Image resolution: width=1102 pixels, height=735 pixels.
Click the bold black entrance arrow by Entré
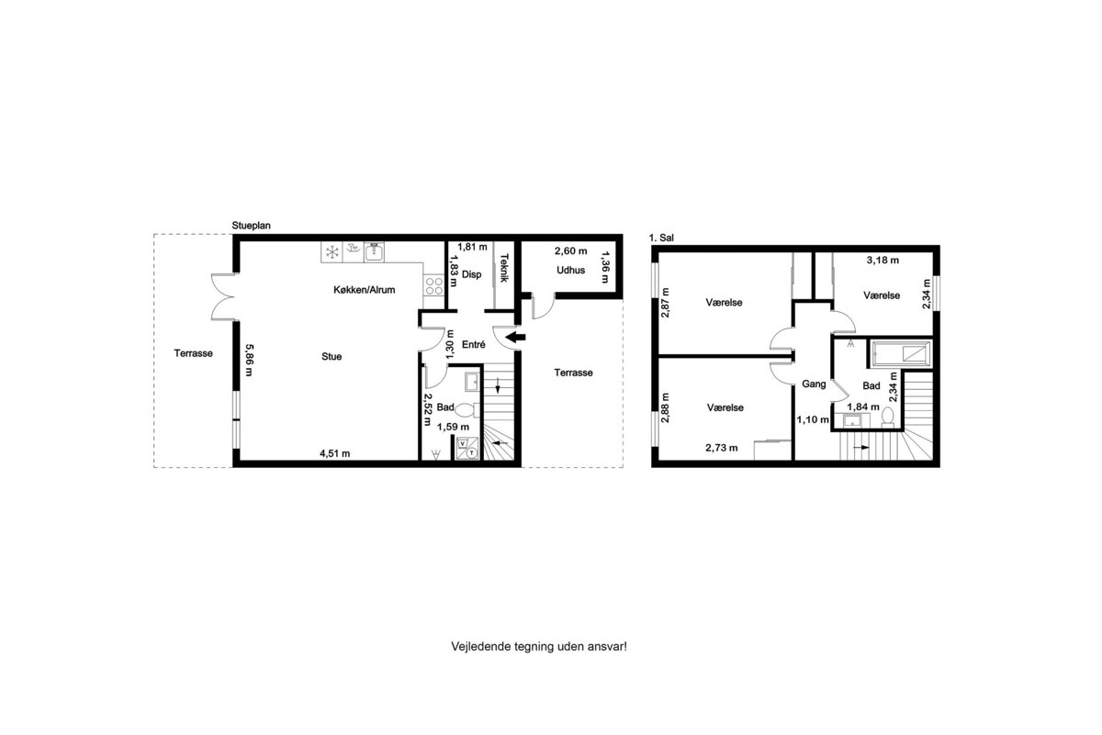515,338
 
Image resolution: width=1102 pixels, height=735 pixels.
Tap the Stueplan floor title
251,226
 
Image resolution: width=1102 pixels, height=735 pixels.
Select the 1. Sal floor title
661,238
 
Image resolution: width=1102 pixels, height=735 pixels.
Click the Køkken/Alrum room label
364,290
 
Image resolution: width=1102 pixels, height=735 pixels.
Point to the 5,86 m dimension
250,360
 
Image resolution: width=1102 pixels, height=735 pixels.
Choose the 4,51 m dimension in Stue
335,453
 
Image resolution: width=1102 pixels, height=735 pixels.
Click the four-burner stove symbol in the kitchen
433,285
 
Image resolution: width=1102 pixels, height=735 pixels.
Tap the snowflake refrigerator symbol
332,252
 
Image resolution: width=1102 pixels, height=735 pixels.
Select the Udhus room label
570,270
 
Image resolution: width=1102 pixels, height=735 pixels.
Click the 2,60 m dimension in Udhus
570,251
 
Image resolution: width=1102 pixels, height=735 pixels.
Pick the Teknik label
504,267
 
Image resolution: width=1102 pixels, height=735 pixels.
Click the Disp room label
471,274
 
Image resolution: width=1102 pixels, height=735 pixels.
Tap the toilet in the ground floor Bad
467,409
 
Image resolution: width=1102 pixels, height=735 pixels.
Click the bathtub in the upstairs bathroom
901,354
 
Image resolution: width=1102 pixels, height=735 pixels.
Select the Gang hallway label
814,384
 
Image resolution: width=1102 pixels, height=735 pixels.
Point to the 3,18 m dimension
883,260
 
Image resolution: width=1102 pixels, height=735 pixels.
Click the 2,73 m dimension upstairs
721,448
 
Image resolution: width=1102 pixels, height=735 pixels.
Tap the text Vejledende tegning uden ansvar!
539,646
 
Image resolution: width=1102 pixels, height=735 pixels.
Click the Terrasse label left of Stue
194,353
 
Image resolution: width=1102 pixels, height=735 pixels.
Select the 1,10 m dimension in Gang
813,419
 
